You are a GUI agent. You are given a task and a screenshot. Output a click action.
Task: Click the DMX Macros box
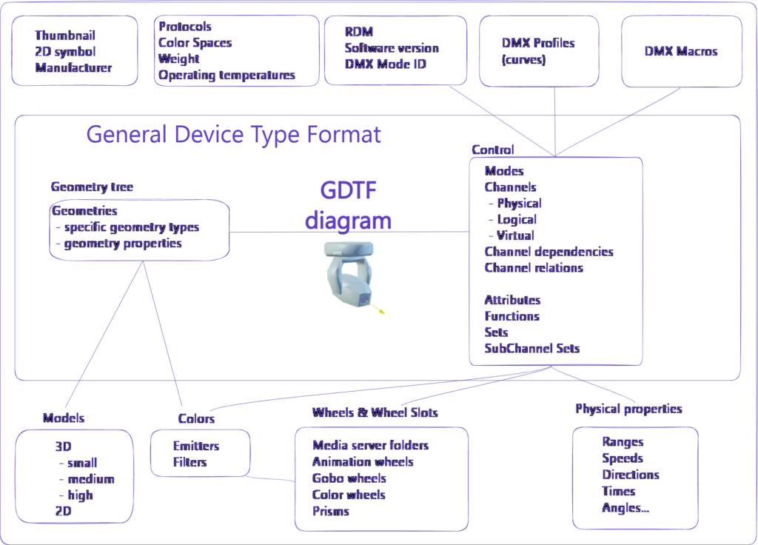coord(682,51)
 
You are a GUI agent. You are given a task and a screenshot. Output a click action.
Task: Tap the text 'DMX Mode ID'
coord(385,64)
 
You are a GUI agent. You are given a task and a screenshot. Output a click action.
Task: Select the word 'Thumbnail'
coord(65,36)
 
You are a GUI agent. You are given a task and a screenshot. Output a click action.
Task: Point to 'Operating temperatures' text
coord(227,76)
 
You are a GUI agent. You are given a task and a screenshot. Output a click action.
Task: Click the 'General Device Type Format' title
coord(233,135)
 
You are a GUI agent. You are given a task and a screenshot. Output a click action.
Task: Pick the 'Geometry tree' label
coord(92,187)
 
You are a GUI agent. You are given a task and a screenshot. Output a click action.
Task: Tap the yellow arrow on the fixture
coord(375,308)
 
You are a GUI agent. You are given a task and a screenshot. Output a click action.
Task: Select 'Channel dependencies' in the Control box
coord(549,252)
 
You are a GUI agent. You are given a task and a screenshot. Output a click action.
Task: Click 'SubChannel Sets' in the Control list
coord(531,348)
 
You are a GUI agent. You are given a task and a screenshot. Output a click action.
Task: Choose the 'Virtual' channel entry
coord(515,235)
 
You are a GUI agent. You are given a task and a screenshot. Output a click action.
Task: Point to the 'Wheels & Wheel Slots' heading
coord(375,412)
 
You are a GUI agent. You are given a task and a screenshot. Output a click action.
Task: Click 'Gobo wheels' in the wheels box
coord(349,478)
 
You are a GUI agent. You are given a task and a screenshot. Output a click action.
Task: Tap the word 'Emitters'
coord(195,446)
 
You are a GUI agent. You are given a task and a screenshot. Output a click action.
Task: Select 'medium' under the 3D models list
coord(91,479)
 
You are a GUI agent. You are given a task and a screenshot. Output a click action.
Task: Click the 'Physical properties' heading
coord(628,409)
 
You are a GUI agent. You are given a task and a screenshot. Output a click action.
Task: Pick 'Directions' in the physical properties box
coord(631,475)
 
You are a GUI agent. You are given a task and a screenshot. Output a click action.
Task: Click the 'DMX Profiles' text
coord(538,43)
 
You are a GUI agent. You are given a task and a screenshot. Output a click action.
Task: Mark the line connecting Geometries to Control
coord(349,232)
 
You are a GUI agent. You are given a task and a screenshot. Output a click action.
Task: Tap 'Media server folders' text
coord(370,445)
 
